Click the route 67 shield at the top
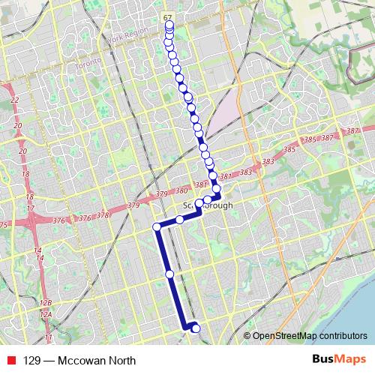tap(167, 16)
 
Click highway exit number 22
tap(14, 100)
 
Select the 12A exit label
tap(46, 315)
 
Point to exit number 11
tap(48, 338)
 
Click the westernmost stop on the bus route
tap(157, 226)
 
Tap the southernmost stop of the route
tap(196, 328)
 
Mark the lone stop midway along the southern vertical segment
tap(170, 274)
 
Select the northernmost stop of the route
tap(169, 25)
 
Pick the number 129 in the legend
tap(31, 360)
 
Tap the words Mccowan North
tap(94, 360)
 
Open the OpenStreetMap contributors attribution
tap(310, 336)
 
